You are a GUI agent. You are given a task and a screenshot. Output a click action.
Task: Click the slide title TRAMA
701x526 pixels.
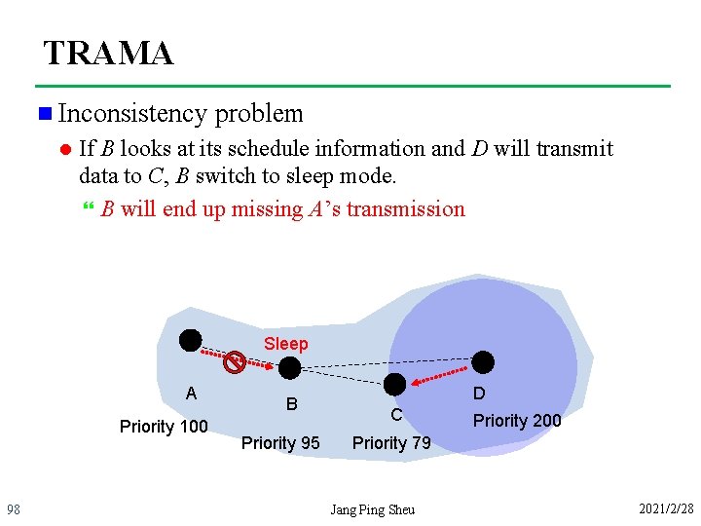click(108, 53)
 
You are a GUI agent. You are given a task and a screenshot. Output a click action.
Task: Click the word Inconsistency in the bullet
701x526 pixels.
click(132, 114)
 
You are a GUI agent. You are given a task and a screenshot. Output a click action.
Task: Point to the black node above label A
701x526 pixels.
click(190, 340)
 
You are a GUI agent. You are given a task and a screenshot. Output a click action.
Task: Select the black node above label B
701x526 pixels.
click(289, 368)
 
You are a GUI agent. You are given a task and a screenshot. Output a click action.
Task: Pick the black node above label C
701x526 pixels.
click(395, 384)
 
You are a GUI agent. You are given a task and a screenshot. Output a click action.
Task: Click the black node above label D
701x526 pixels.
click(483, 362)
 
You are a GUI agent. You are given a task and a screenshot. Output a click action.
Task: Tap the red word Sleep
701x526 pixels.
click(285, 344)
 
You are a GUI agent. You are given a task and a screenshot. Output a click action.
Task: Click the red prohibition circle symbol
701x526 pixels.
click(234, 363)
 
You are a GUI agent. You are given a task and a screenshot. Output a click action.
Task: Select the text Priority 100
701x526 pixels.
click(164, 427)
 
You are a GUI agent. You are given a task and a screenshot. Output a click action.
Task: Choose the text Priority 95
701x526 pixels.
click(280, 443)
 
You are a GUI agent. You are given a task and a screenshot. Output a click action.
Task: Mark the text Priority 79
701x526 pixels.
click(391, 443)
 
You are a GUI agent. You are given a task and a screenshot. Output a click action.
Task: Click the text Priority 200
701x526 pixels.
click(517, 421)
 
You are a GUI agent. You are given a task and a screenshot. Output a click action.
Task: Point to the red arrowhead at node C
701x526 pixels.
click(414, 381)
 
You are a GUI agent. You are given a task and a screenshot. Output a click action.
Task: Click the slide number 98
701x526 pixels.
click(14, 509)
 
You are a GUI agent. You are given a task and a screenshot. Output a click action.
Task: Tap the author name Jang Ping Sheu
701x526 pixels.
click(372, 509)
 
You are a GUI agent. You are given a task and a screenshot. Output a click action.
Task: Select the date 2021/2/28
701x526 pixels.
click(666, 509)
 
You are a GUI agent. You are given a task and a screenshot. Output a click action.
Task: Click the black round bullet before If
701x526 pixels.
click(64, 149)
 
